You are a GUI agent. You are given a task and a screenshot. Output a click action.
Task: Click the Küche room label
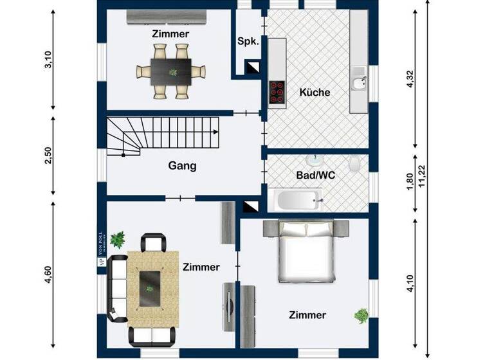click(x=315, y=93)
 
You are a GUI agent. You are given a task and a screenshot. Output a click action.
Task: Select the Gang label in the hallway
click(x=182, y=166)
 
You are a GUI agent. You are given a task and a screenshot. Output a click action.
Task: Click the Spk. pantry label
click(x=248, y=41)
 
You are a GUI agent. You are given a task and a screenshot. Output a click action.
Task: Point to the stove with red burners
click(x=277, y=92)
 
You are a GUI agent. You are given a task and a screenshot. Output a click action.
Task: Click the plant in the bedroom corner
click(x=361, y=316)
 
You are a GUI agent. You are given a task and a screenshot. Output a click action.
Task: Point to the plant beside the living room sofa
click(x=117, y=239)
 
